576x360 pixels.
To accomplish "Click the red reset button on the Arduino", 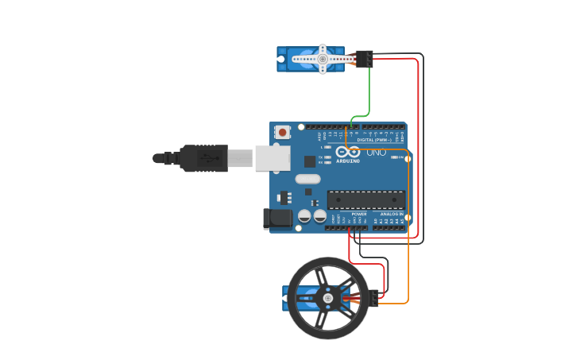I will [x=282, y=132].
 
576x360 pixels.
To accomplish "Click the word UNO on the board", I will [x=376, y=152].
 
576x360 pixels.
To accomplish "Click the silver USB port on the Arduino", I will [x=272, y=158].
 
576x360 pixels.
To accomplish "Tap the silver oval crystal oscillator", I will [x=307, y=179].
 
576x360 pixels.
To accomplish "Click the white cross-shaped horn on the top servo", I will [x=323, y=58].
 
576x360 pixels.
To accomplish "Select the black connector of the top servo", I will [x=364, y=58].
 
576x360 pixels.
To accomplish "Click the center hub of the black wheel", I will [x=327, y=298].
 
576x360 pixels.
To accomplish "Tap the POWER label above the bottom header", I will [x=359, y=214].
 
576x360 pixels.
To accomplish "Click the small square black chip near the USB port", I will [x=309, y=161].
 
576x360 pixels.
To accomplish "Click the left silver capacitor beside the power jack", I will [x=304, y=216].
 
